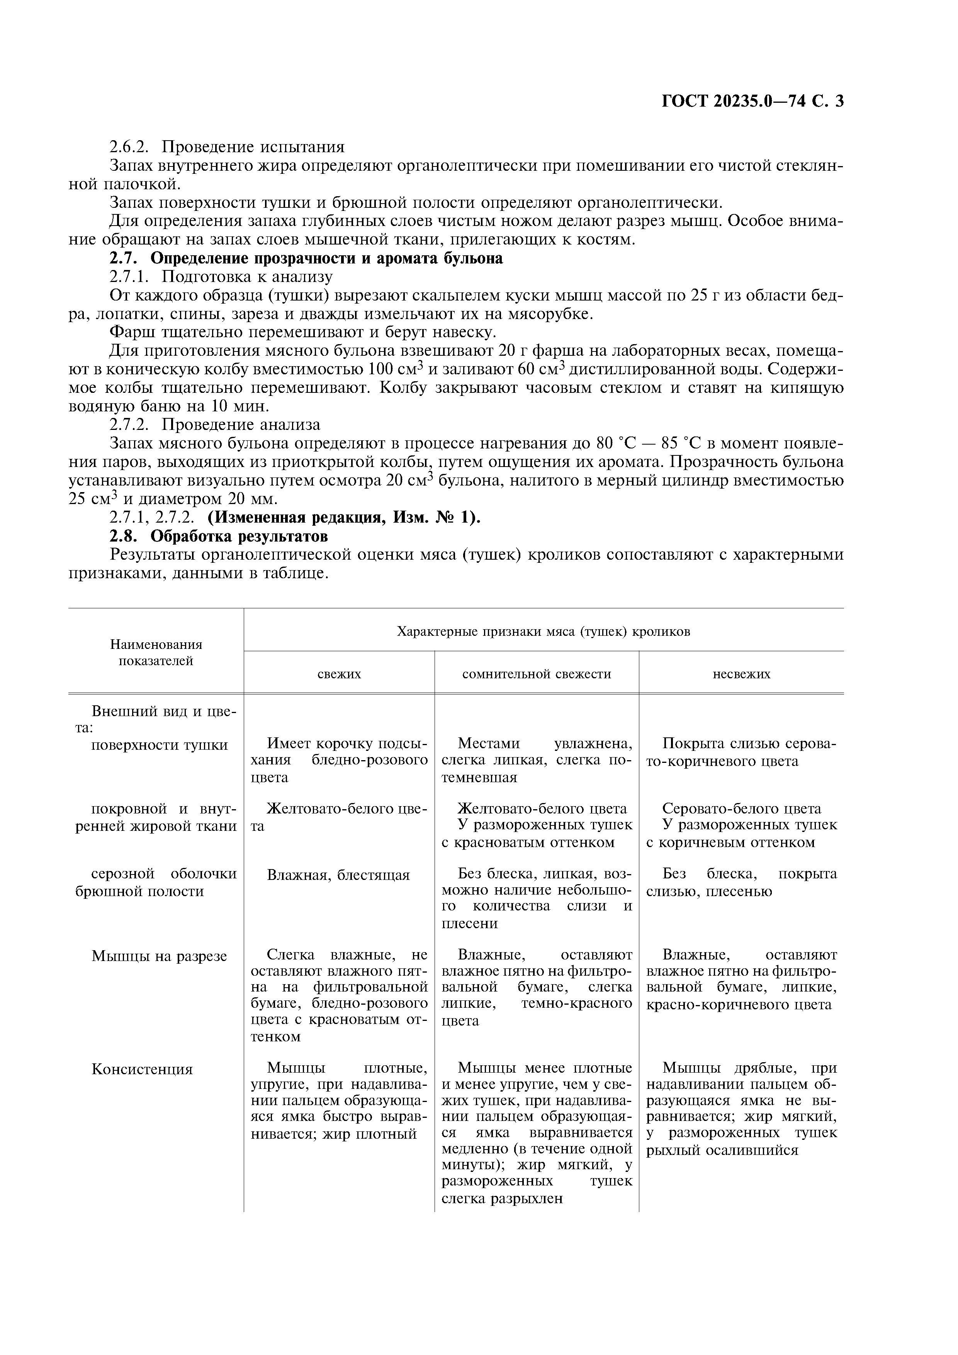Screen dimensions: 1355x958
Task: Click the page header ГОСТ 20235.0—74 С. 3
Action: pos(752,102)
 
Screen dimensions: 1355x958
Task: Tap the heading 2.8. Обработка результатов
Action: pos(218,536)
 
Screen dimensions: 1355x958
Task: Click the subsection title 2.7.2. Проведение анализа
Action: pos(215,424)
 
